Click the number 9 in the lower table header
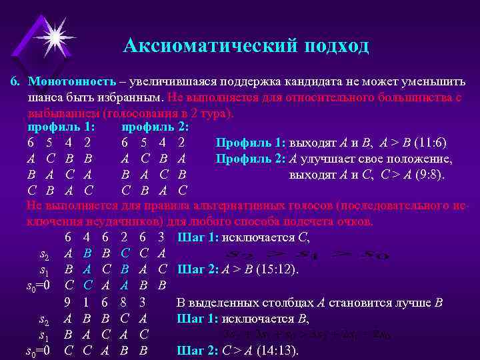pos(68,301)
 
